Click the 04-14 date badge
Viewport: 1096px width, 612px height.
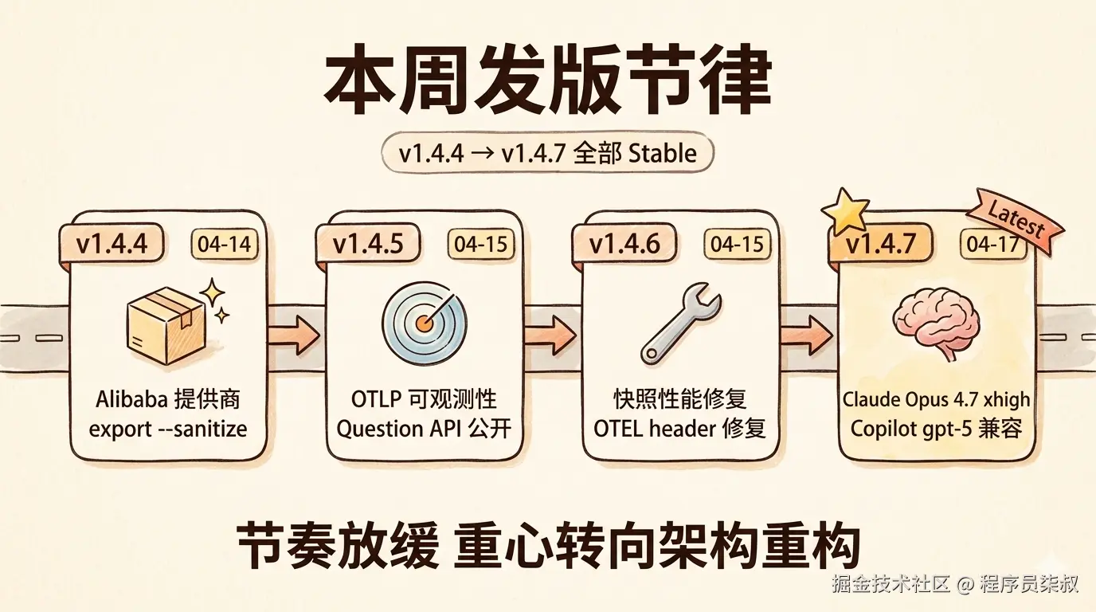[x=224, y=245]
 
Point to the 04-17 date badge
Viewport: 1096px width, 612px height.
[x=992, y=245]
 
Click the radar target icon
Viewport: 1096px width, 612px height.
[x=425, y=324]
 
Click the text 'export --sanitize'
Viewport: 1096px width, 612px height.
[x=168, y=429]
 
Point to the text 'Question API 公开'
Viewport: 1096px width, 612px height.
[x=424, y=429]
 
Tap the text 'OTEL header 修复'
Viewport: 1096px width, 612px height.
[x=679, y=429]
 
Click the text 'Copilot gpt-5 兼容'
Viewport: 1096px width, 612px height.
[x=936, y=429]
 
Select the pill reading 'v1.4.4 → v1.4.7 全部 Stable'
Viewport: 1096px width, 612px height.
[x=548, y=153]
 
